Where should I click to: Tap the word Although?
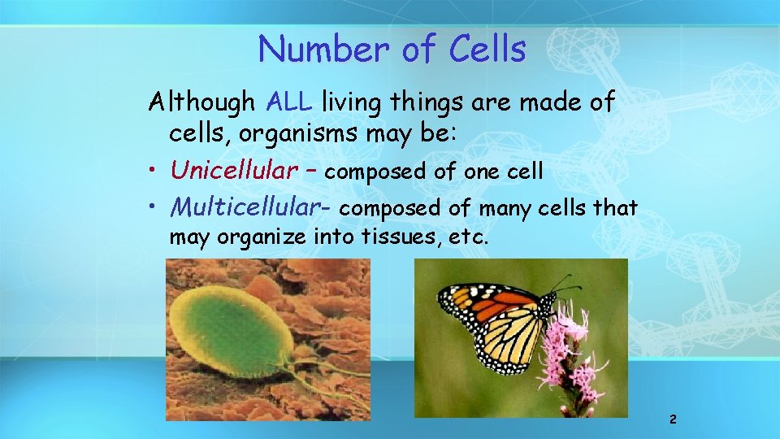coord(202,103)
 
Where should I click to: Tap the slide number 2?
coord(673,419)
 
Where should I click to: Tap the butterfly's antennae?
coord(564,284)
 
